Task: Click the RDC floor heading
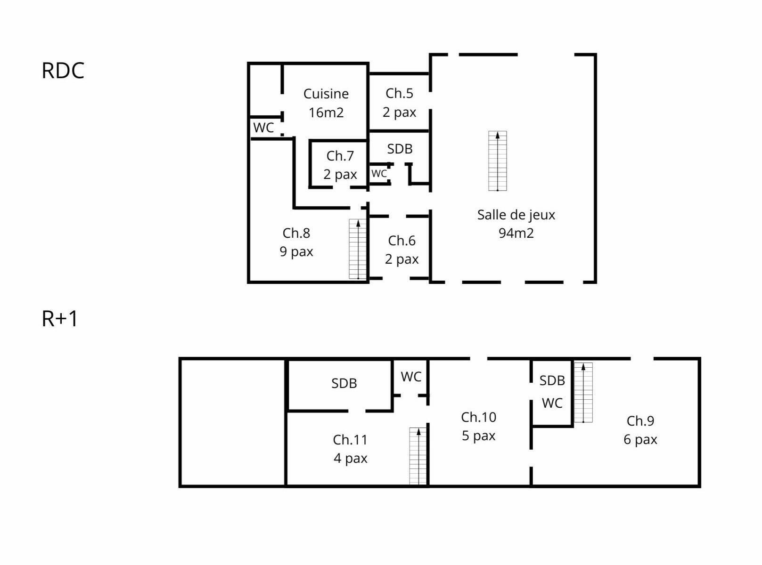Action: coord(63,71)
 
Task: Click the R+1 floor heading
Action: coord(60,319)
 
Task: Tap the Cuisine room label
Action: coord(326,94)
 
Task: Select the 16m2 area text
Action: coord(326,113)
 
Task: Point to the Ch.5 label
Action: coord(399,93)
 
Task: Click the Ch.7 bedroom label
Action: coord(340,156)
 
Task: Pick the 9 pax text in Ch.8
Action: coord(296,251)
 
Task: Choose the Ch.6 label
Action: coord(401,241)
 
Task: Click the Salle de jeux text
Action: coord(516,215)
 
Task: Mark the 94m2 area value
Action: coord(516,233)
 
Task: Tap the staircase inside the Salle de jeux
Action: coord(498,161)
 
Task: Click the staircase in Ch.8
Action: coord(358,249)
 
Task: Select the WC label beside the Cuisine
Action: coord(263,128)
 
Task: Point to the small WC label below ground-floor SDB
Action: coord(379,174)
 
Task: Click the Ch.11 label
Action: coord(350,440)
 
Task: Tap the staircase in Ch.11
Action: coord(418,456)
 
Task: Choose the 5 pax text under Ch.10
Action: coord(479,436)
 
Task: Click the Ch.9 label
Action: coord(640,421)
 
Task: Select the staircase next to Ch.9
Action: coord(583,392)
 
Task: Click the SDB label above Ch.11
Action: coord(344,383)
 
